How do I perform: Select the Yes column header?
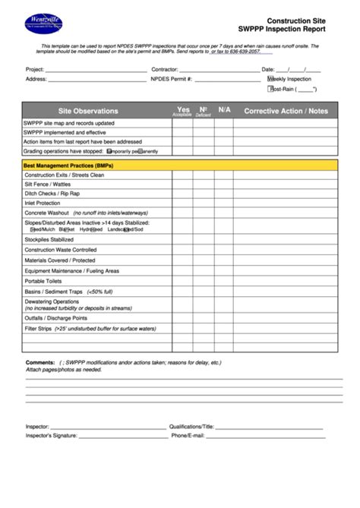coord(183,110)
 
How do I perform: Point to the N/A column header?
coord(224,110)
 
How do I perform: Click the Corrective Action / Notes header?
coord(286,111)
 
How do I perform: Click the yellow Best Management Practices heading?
coord(68,165)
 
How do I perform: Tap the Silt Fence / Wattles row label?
coord(48,184)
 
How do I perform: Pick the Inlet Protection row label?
coord(43,203)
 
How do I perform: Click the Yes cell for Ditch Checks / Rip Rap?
coord(183,194)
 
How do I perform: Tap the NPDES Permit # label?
coord(172,79)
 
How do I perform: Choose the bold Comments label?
coord(41,362)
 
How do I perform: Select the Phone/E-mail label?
coord(188,435)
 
